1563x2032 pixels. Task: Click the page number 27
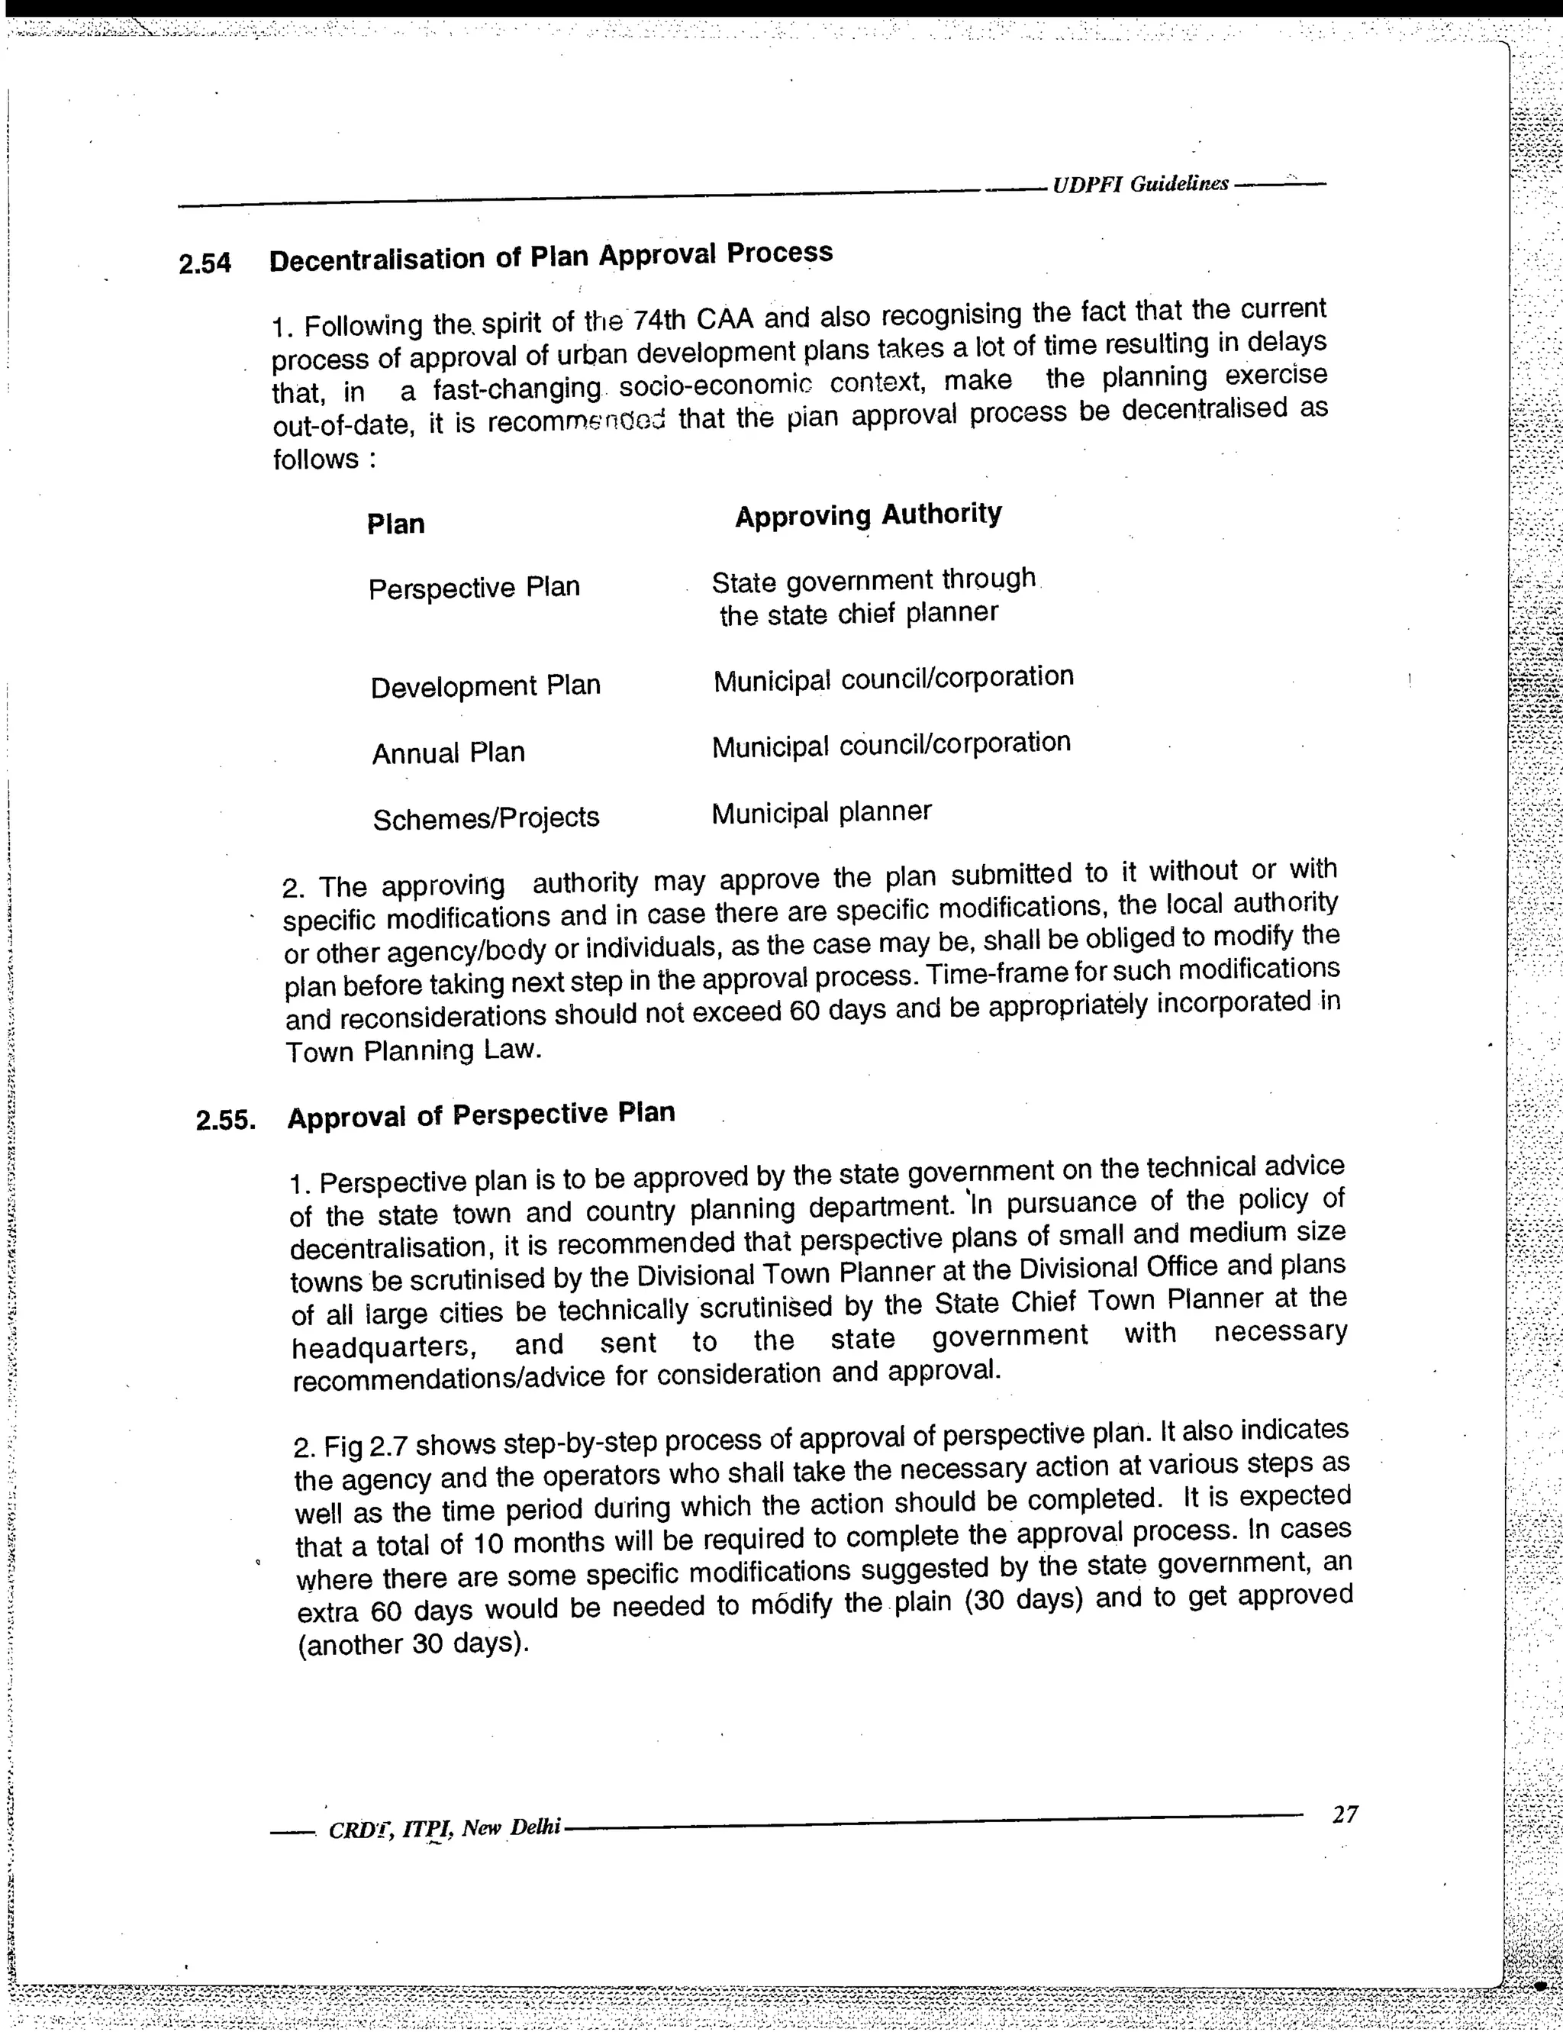coord(1345,1815)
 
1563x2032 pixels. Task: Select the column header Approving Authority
coord(868,515)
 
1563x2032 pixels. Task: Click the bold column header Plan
coord(395,524)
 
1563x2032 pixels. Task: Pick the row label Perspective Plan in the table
coord(473,588)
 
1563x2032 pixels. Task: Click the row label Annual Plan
coord(449,753)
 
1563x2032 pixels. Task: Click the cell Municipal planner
coord(820,813)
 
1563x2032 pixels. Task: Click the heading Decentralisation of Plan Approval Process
coord(551,256)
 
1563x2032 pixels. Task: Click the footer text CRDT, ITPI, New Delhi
coord(445,1828)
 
